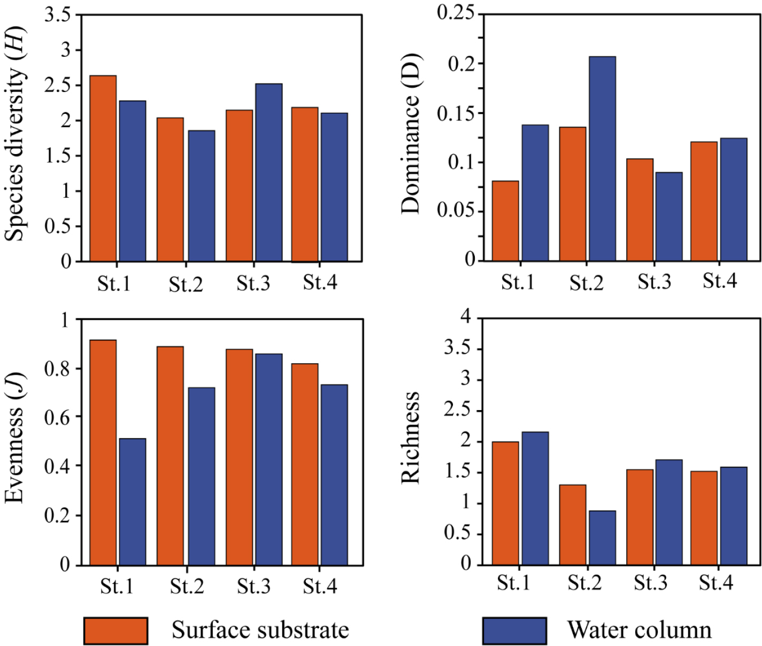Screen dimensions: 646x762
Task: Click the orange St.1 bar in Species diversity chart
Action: (x=103, y=168)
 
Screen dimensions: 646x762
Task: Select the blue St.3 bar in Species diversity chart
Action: (x=268, y=172)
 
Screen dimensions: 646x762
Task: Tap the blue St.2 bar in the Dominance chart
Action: (x=602, y=159)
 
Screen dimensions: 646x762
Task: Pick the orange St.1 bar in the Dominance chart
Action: (x=505, y=221)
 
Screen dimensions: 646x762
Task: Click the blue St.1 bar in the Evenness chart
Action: (x=132, y=502)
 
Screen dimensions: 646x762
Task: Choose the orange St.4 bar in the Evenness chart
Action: (x=305, y=464)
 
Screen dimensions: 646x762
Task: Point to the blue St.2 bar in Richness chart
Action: (x=602, y=537)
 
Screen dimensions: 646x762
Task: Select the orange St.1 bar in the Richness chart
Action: (x=505, y=503)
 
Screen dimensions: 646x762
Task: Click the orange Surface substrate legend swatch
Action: (x=116, y=630)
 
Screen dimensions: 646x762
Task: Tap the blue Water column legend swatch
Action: (x=514, y=630)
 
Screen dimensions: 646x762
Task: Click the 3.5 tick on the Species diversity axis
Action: (x=57, y=14)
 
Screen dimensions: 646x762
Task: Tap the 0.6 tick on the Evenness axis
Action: (x=57, y=417)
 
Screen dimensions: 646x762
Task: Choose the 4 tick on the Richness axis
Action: (x=466, y=317)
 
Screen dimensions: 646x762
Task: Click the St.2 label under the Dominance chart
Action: (x=586, y=283)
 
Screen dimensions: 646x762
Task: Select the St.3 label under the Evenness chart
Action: (x=253, y=587)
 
